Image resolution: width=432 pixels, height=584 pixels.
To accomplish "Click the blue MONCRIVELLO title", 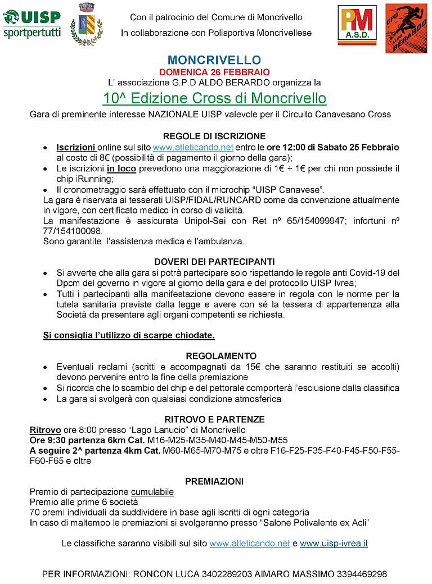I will [x=214, y=60].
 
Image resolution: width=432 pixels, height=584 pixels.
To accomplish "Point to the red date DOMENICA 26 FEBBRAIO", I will [x=214, y=72].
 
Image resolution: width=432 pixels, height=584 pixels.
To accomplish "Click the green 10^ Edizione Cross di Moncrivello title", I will [x=214, y=98].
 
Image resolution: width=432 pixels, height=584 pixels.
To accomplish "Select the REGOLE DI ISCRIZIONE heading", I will [x=214, y=136].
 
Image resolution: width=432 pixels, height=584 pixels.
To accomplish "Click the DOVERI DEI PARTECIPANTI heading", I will [x=214, y=262].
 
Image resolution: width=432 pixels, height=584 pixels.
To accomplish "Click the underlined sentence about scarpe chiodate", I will [x=129, y=335].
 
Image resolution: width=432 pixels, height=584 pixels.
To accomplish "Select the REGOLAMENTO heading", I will [x=214, y=356].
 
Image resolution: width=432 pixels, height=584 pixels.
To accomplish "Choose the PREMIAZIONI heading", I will [x=214, y=481].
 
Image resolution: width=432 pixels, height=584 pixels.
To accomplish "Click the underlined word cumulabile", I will [x=152, y=492].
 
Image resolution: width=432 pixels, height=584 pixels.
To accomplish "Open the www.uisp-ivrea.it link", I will [x=334, y=544].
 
